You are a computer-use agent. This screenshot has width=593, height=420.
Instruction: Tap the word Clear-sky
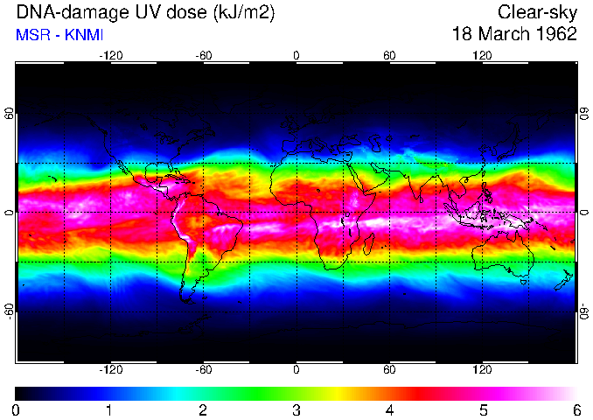(537, 12)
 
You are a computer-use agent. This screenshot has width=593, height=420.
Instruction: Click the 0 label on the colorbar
(16, 409)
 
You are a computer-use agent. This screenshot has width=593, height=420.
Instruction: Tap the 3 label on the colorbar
(296, 409)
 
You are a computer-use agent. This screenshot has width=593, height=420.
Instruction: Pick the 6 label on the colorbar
(576, 409)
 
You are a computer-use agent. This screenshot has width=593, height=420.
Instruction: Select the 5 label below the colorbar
(482, 409)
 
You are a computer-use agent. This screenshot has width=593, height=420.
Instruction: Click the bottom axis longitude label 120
(482, 369)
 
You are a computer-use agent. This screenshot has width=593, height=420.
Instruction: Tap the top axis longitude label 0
(296, 55)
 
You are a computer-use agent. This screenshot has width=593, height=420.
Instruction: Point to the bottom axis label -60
(203, 369)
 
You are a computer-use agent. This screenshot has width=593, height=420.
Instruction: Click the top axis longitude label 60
(389, 55)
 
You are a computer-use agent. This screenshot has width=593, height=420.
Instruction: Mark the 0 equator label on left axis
(9, 212)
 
